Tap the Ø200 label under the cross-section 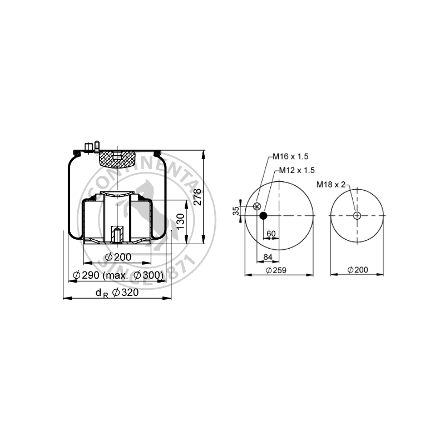click(118, 257)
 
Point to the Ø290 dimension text click(86, 275)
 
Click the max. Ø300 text click(133, 275)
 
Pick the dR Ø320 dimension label click(117, 293)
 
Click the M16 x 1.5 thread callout click(290, 156)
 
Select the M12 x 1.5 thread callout click(297, 170)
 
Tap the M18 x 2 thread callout click(331, 185)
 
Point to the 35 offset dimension click(236, 211)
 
